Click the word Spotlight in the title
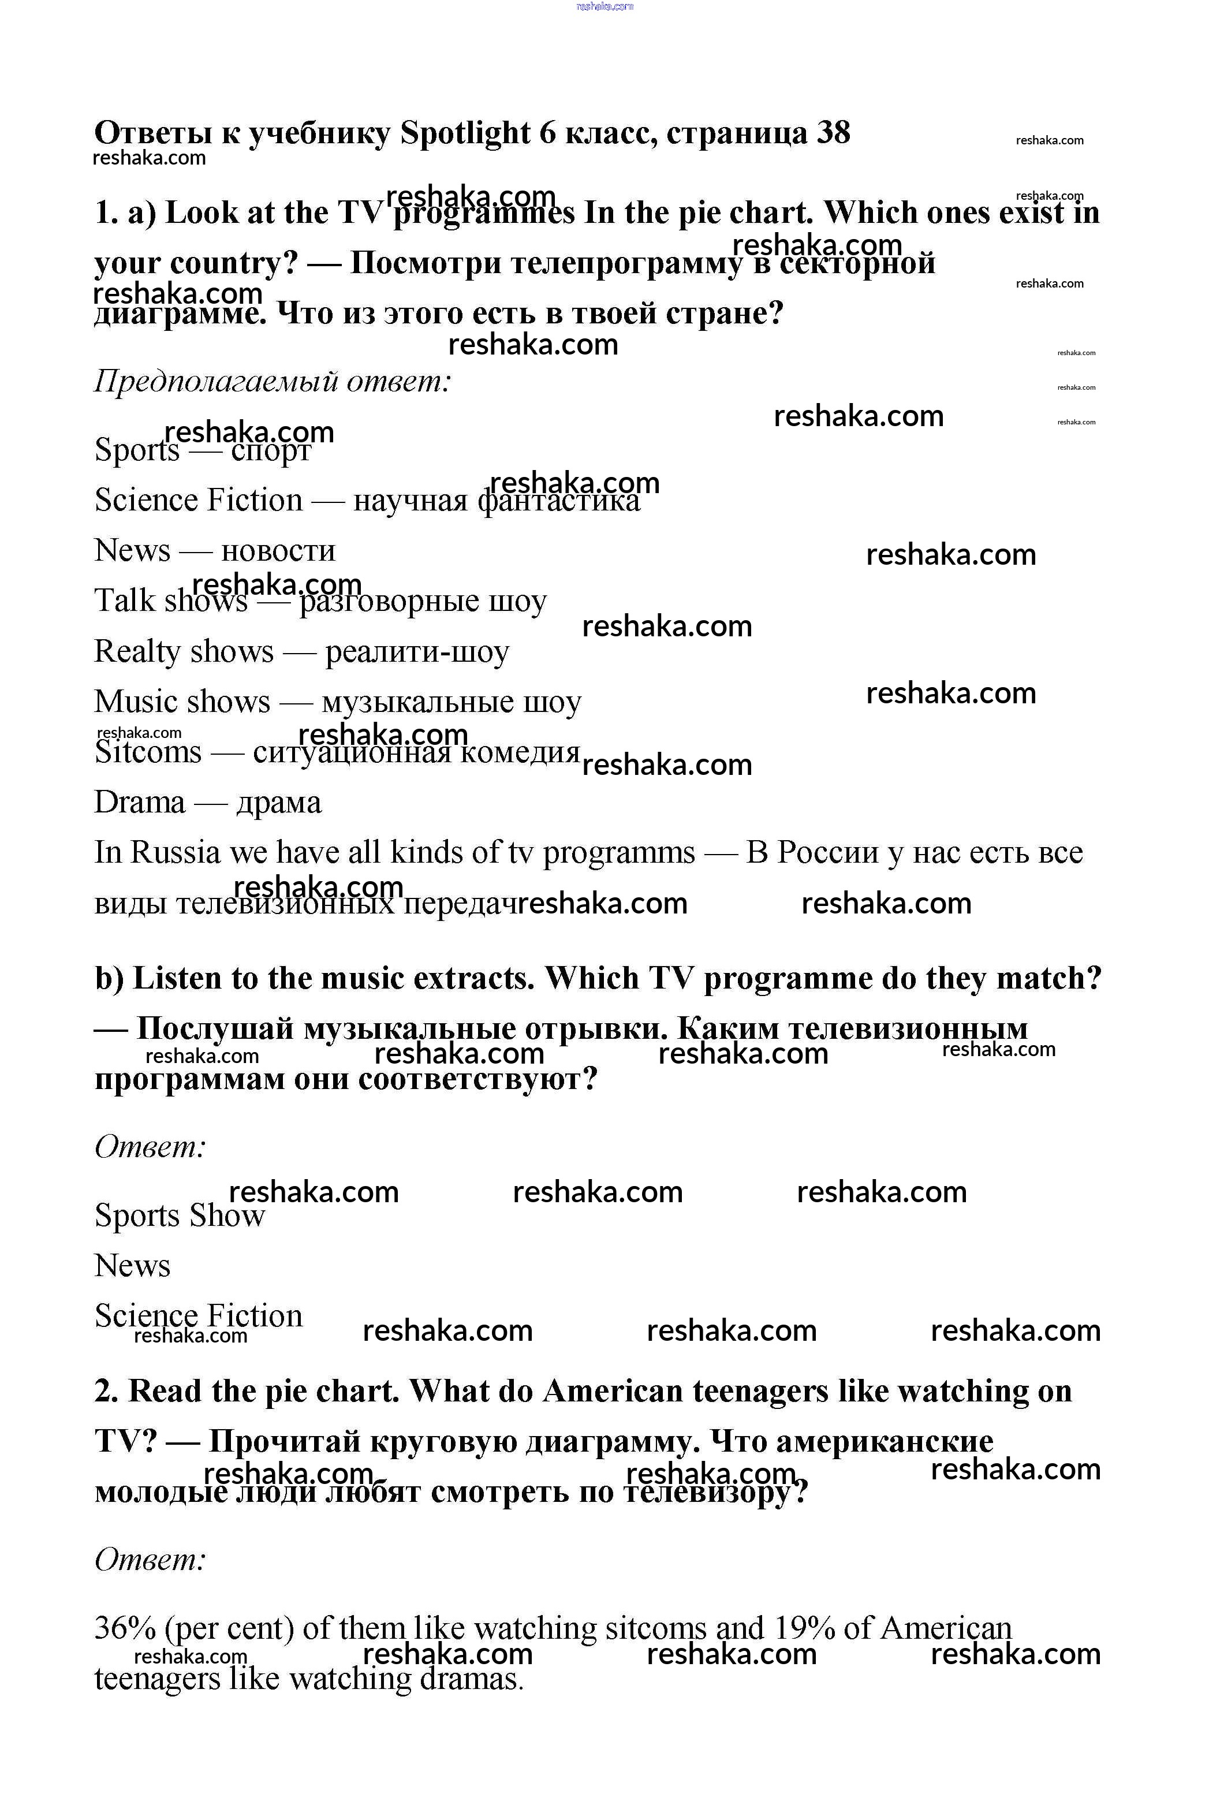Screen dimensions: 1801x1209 (x=465, y=133)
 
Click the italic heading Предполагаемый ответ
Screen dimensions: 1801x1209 (x=272, y=381)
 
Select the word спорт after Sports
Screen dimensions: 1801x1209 (x=271, y=451)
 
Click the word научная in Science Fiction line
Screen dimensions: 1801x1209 (x=410, y=501)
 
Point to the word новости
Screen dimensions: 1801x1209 (x=278, y=551)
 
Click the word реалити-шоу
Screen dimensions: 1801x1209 (x=416, y=652)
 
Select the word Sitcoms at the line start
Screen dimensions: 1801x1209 (x=147, y=752)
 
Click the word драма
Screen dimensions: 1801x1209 (x=278, y=803)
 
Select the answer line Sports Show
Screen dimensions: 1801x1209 (x=179, y=1216)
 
